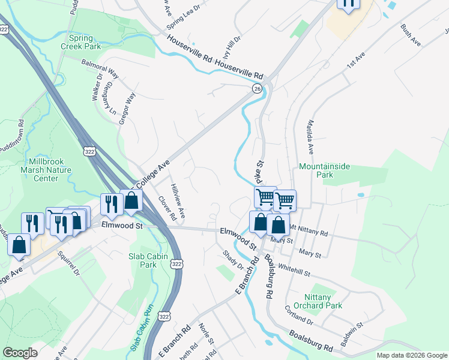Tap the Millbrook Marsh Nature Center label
[50, 170]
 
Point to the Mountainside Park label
[324, 170]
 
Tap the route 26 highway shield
[257, 89]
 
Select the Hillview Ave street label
[178, 201]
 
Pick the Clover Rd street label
[166, 208]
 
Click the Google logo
[20, 353]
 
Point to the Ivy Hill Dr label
[232, 47]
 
